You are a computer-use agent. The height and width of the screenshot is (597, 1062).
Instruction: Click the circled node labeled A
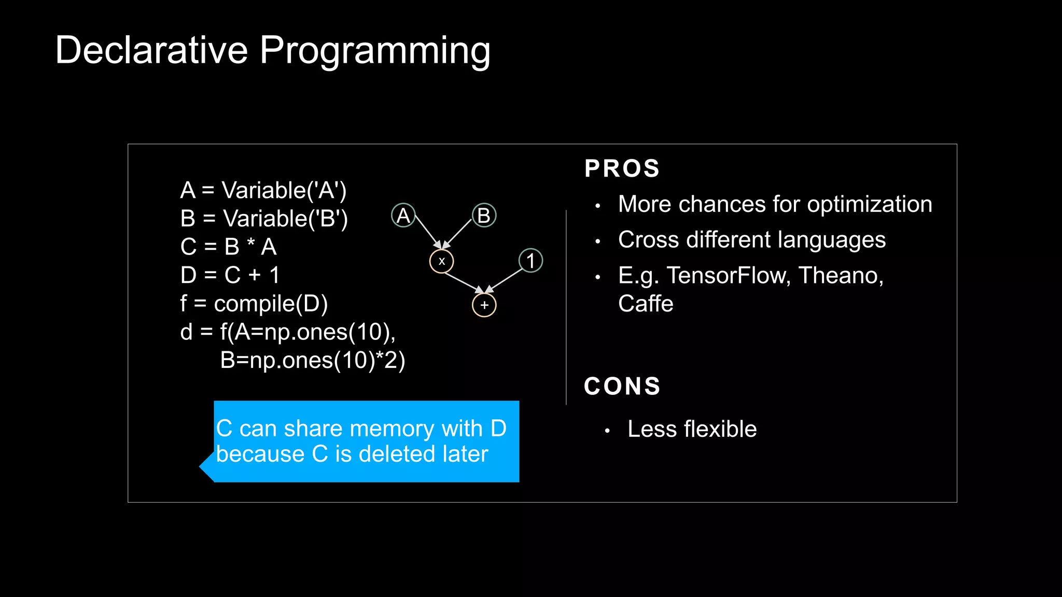pos(403,215)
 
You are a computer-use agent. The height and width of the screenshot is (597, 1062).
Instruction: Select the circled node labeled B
pos(484,215)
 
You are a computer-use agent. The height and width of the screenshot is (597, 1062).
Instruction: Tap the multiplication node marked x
pos(441,261)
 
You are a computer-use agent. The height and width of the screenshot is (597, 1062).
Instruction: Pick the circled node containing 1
pos(530,260)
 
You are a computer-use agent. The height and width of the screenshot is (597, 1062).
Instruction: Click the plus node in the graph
pos(484,305)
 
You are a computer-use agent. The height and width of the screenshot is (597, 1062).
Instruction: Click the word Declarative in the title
pos(151,50)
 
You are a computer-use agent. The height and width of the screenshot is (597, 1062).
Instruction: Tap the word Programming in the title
pos(374,51)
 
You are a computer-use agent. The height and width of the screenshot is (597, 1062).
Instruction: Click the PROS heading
pos(622,168)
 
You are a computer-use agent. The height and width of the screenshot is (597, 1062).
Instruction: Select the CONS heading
pos(622,386)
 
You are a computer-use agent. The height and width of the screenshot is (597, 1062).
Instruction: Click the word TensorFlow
pos(729,275)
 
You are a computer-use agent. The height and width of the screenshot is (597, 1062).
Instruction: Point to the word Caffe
pos(645,304)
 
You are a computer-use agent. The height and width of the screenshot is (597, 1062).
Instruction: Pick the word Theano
pos(840,275)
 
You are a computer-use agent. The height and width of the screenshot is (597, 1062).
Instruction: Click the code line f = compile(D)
pos(254,304)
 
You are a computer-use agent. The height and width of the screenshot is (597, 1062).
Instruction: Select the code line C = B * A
pos(228,247)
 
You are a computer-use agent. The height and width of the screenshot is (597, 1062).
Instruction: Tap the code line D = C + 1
pos(230,275)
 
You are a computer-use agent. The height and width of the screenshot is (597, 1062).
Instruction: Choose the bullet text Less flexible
pos(692,429)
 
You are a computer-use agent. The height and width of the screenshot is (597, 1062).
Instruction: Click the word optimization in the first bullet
pos(869,204)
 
